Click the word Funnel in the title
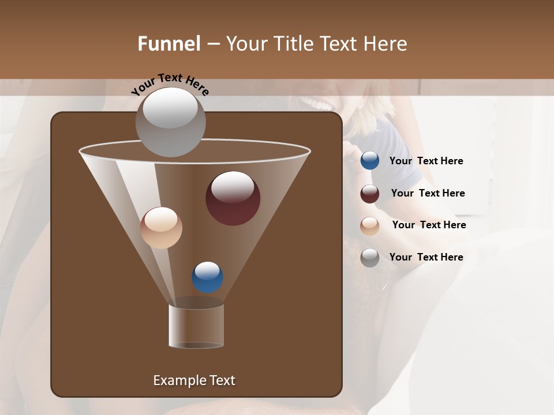click(169, 44)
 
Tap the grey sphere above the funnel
click(170, 122)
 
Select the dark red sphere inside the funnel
click(233, 198)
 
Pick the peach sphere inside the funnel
click(161, 228)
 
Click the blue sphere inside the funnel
click(207, 277)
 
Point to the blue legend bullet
click(370, 161)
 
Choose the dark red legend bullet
click(370, 194)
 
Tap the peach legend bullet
click(370, 226)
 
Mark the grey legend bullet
click(370, 258)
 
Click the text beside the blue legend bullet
click(426, 161)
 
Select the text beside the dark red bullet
click(428, 193)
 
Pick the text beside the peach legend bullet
click(429, 225)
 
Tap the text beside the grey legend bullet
click(426, 257)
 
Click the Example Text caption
click(194, 380)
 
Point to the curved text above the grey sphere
click(170, 84)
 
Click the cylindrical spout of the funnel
click(196, 326)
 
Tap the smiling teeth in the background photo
click(317, 104)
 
